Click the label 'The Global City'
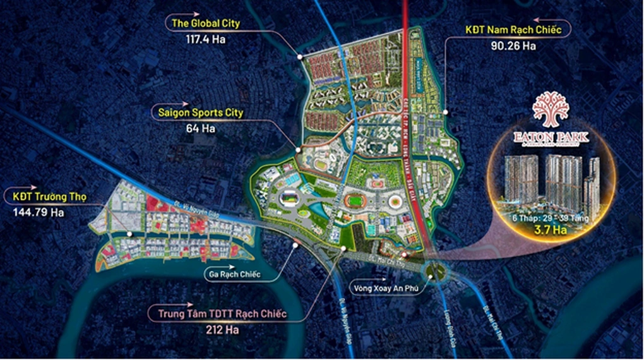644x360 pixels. tap(206, 24)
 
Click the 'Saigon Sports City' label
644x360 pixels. tap(197, 114)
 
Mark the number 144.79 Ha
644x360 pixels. tap(39, 212)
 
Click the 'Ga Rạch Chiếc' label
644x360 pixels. tap(234, 275)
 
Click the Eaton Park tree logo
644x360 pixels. tap(551, 109)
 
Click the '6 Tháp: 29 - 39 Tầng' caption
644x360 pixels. tap(551, 218)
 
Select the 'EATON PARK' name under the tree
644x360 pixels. tap(551, 136)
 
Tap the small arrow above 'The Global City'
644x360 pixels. tap(179, 12)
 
